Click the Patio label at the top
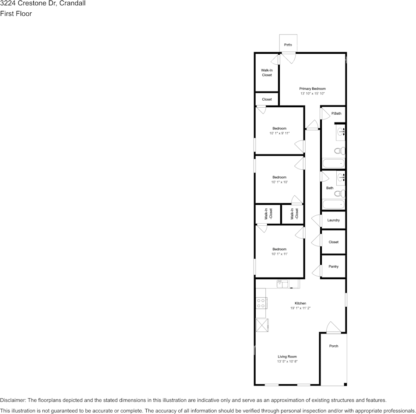(x=288, y=45)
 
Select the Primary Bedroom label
(x=312, y=88)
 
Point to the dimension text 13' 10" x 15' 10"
(x=312, y=94)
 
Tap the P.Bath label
(x=336, y=113)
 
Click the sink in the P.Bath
(x=341, y=130)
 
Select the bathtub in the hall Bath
(x=333, y=205)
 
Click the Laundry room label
(x=333, y=220)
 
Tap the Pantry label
(x=333, y=267)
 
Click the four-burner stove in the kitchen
(x=261, y=303)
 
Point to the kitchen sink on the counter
(x=282, y=284)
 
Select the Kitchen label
(x=300, y=303)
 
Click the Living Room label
(x=287, y=357)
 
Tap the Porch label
(x=333, y=346)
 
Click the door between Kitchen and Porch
(x=333, y=328)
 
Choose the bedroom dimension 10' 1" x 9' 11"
(x=279, y=133)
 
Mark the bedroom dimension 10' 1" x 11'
(x=279, y=254)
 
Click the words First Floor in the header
(x=16, y=14)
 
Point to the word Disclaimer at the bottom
(x=13, y=400)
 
